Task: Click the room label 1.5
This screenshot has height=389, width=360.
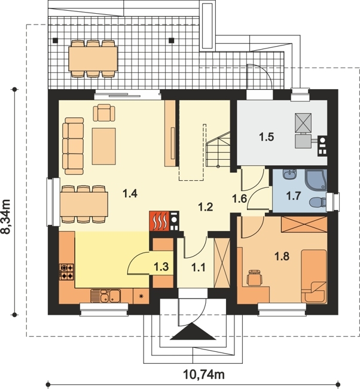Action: pos(267,137)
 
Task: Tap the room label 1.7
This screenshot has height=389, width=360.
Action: pos(294,196)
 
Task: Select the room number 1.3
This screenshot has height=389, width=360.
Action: pos(161,267)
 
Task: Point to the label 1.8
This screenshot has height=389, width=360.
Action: pos(282,256)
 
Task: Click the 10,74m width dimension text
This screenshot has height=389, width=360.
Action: pos(204,375)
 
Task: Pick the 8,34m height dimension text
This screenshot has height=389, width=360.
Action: pos(5,216)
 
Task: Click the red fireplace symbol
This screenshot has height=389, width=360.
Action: pos(159,221)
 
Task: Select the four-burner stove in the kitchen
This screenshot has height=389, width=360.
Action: pos(67,272)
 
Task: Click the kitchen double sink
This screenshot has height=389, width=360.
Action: pos(105,296)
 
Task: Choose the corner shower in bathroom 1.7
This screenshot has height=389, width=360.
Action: pos(316,180)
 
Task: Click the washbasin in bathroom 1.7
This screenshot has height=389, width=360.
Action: pos(289,174)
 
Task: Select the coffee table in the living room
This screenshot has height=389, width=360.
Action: pos(104,147)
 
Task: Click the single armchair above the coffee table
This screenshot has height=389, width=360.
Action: pos(104,113)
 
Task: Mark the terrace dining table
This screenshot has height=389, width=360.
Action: pos(93,59)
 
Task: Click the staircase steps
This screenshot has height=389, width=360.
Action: pos(218,150)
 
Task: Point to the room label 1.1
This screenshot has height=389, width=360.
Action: pos(199,268)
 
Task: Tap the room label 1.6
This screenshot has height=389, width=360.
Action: pos(240,199)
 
